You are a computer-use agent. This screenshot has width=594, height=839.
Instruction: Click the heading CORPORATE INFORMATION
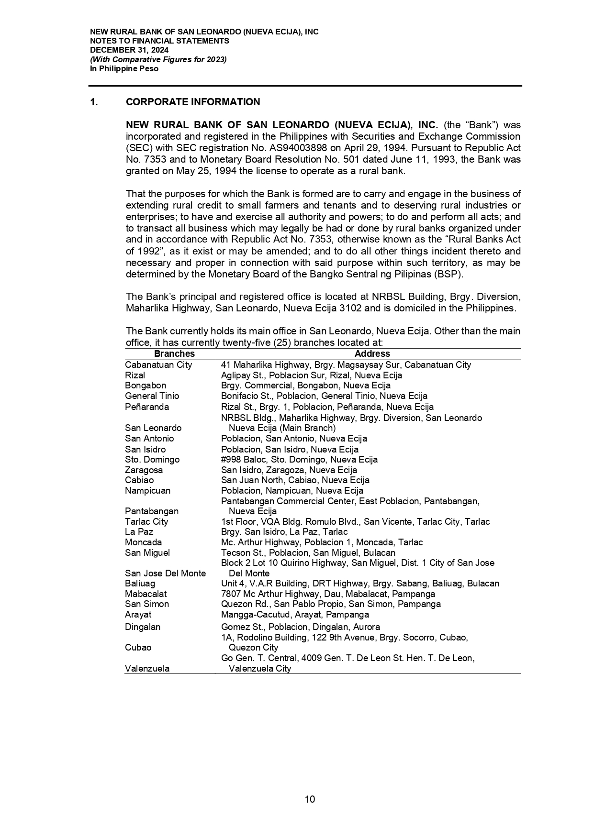(193, 102)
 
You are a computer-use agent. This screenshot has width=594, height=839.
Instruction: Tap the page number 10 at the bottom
(310, 799)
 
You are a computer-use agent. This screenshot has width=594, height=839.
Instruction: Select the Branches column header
(174, 354)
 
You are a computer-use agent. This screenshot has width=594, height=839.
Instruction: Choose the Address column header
(372, 354)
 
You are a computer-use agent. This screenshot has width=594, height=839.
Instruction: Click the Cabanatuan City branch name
(158, 365)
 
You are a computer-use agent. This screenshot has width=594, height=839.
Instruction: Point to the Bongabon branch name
(146, 386)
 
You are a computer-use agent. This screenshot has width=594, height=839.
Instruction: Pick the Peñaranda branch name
(147, 407)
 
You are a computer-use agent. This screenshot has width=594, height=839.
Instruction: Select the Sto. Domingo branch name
(152, 460)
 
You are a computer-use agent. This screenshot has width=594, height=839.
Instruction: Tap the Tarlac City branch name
(146, 522)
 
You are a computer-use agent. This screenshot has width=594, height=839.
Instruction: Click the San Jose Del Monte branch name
(165, 574)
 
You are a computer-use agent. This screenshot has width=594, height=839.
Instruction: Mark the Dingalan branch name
(143, 627)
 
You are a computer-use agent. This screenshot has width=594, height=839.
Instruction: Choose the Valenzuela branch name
(147, 669)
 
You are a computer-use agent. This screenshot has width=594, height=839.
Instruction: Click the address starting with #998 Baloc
(299, 460)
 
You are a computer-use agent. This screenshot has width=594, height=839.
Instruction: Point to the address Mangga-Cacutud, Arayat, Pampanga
(295, 615)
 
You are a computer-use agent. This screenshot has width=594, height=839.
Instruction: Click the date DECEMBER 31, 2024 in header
(129, 50)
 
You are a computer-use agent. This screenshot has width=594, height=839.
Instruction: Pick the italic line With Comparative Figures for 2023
(158, 59)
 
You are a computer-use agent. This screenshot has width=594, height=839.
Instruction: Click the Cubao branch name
(138, 648)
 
